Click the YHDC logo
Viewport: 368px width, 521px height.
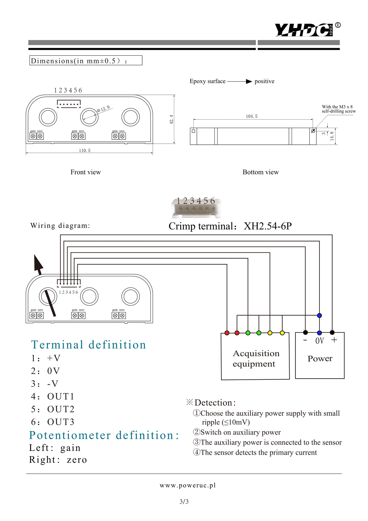[304, 30]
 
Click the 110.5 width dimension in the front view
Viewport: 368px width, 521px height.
[84, 151]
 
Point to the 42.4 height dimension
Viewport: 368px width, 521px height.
[171, 119]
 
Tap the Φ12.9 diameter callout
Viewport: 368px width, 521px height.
[103, 110]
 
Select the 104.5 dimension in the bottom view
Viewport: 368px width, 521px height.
[252, 116]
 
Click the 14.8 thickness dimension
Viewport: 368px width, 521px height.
[332, 136]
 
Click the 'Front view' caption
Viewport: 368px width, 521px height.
[85, 172]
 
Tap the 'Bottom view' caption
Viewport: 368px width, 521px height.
[260, 172]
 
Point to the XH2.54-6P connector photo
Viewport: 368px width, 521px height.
[196, 208]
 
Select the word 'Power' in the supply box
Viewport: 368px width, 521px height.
[320, 359]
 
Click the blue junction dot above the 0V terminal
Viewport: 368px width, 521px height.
[319, 316]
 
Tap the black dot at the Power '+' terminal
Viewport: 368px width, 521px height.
[332, 332]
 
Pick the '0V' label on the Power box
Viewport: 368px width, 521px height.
[319, 341]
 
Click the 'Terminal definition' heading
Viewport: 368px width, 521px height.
[89, 345]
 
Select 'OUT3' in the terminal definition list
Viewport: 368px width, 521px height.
[61, 422]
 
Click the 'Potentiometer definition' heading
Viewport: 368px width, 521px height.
[104, 435]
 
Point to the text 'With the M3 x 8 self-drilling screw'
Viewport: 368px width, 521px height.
[338, 109]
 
